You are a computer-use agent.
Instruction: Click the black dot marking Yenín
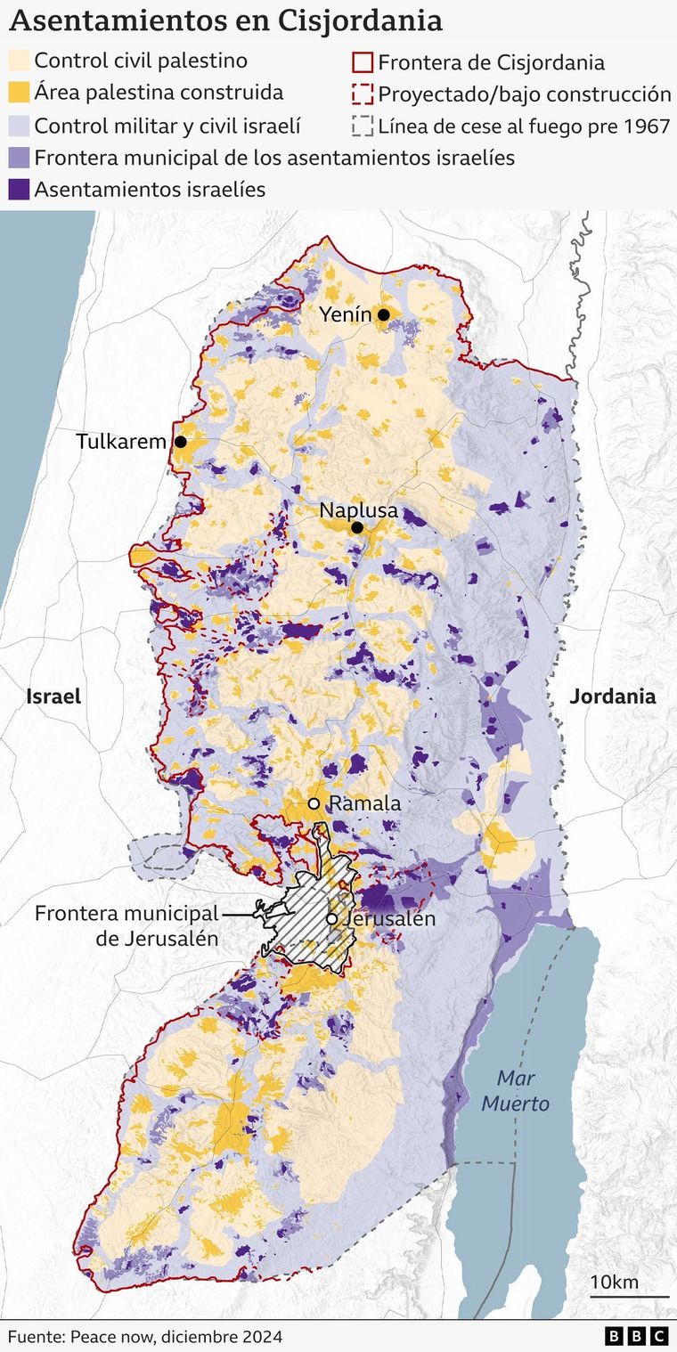pyautogui.click(x=384, y=314)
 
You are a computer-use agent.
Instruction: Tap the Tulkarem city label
pyautogui.click(x=121, y=442)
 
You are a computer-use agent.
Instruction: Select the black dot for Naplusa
pyautogui.click(x=357, y=528)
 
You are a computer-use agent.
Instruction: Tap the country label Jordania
pyautogui.click(x=613, y=696)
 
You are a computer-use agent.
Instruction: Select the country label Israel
pyautogui.click(x=53, y=696)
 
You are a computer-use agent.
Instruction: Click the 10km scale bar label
pyautogui.click(x=615, y=1282)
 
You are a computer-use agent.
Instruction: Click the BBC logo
pyautogui.click(x=636, y=1336)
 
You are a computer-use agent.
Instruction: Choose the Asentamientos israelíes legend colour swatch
pyautogui.click(x=19, y=189)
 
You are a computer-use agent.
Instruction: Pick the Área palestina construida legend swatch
pyautogui.click(x=19, y=93)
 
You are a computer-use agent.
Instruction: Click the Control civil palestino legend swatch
pyautogui.click(x=19, y=61)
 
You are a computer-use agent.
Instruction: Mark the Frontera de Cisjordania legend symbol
pyautogui.click(x=362, y=62)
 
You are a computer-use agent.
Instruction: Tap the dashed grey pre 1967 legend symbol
pyautogui.click(x=362, y=126)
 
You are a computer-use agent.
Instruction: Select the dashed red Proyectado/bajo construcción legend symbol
pyautogui.click(x=362, y=94)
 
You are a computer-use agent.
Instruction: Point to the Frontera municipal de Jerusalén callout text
pyautogui.click(x=126, y=925)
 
